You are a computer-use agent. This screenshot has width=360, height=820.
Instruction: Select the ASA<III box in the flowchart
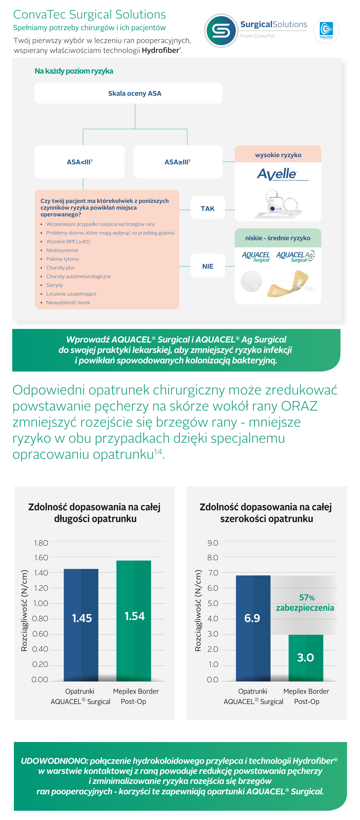pyautogui.click(x=80, y=162)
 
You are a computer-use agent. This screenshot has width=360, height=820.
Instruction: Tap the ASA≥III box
pyautogui.click(x=177, y=162)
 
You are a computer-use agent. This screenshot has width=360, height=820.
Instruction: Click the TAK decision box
pyautogui.click(x=208, y=209)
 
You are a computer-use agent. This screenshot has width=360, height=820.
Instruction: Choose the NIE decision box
pyautogui.click(x=208, y=266)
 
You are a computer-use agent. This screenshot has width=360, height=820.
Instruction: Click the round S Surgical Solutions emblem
pyautogui.click(x=221, y=31)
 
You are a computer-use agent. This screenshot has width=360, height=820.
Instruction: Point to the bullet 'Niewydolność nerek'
pyautogui.click(x=68, y=302)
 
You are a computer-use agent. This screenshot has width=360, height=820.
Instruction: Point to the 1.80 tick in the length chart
pyautogui.click(x=41, y=543)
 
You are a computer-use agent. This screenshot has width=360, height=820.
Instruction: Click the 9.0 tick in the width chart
pyautogui.click(x=213, y=543)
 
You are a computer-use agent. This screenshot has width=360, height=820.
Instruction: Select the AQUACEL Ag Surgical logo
pyautogui.click(x=295, y=256)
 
